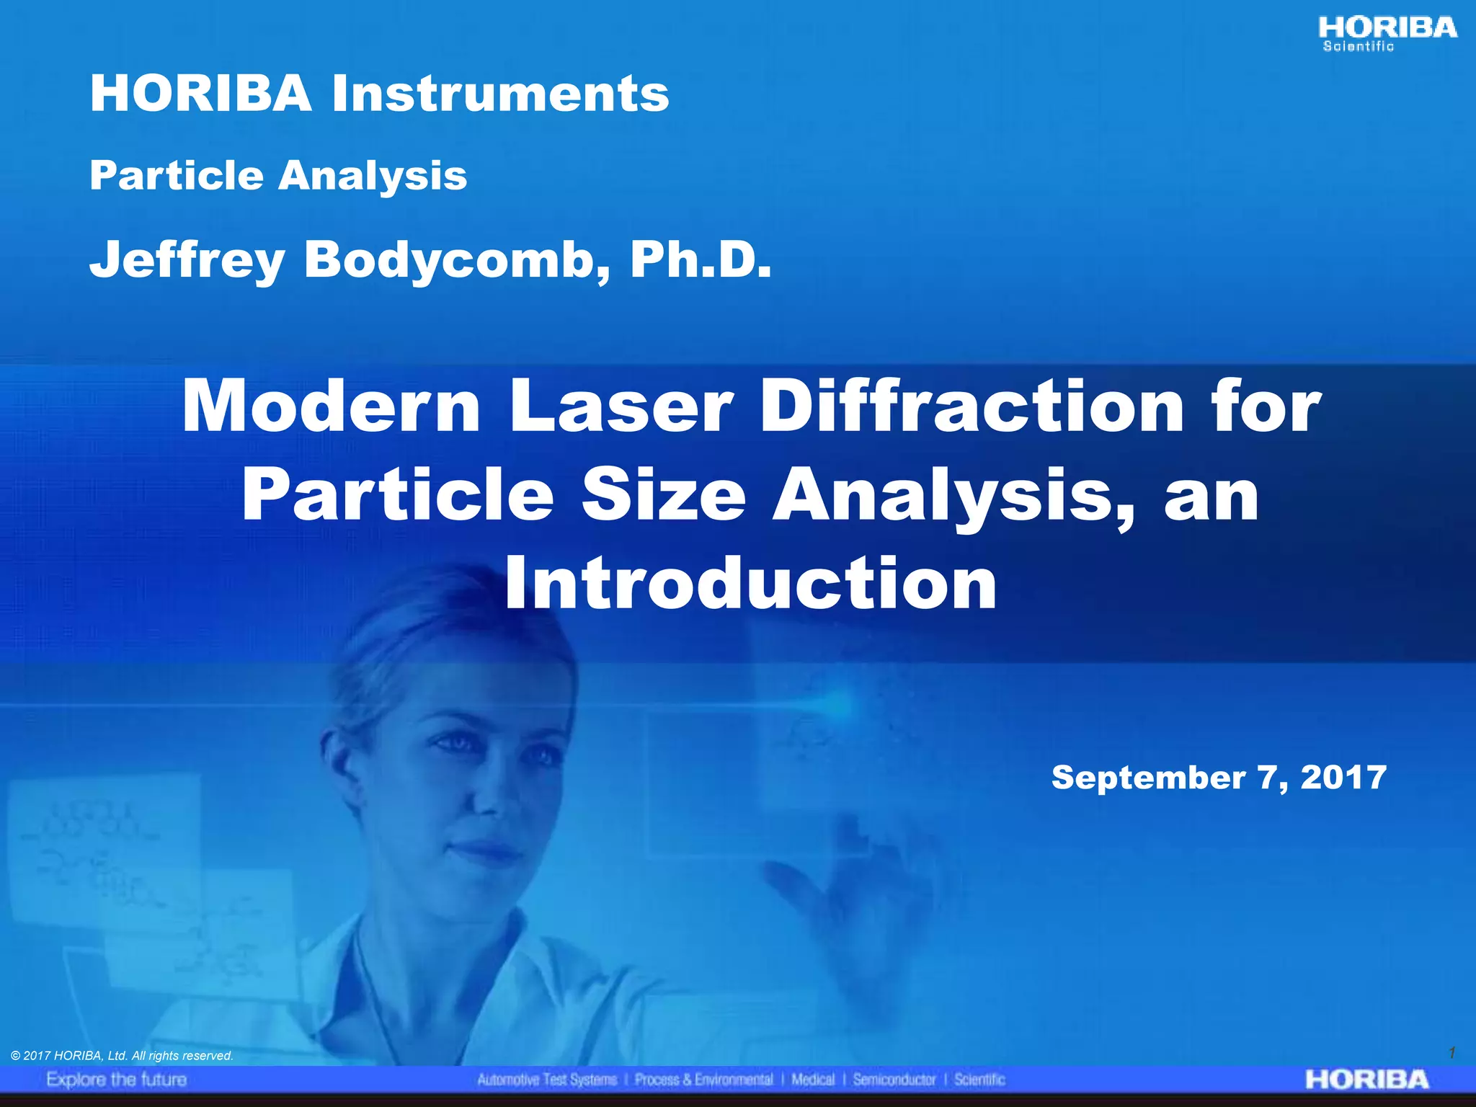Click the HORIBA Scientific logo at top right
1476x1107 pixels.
pos(1387,34)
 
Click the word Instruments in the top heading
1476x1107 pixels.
pos(500,94)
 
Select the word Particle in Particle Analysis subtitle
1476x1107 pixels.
pos(177,175)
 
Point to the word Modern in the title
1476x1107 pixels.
pos(331,407)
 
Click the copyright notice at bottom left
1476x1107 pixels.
pos(123,1056)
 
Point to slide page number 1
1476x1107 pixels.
pos(1451,1053)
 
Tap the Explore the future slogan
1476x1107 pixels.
pos(117,1080)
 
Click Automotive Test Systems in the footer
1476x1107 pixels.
pos(547,1080)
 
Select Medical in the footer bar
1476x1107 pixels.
pos(812,1080)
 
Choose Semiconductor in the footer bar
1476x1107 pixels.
pos(894,1080)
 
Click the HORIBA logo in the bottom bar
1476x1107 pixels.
pos(1366,1080)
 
